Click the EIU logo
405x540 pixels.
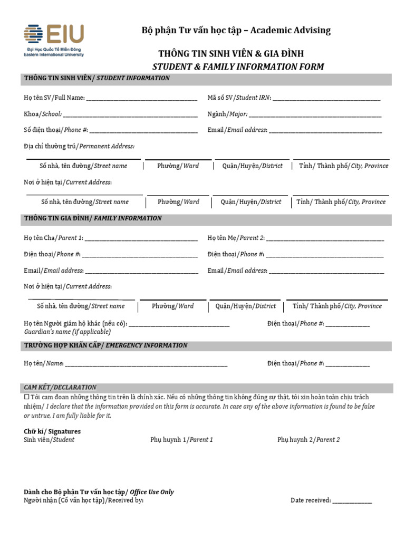[x=53, y=40]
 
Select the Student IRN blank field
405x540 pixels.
[x=326, y=99]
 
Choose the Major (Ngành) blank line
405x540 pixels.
[x=315, y=115]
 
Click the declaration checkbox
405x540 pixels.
[x=27, y=397]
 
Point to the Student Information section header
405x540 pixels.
[x=97, y=79]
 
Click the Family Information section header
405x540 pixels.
[x=93, y=218]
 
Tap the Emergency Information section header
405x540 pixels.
[x=105, y=345]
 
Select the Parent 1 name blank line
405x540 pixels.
[x=141, y=239]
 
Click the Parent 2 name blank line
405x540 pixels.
[x=325, y=239]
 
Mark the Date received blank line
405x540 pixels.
[x=352, y=502]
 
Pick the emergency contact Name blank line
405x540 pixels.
[x=146, y=364]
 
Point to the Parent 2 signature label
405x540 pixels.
[x=308, y=440]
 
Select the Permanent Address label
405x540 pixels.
[x=79, y=146]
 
